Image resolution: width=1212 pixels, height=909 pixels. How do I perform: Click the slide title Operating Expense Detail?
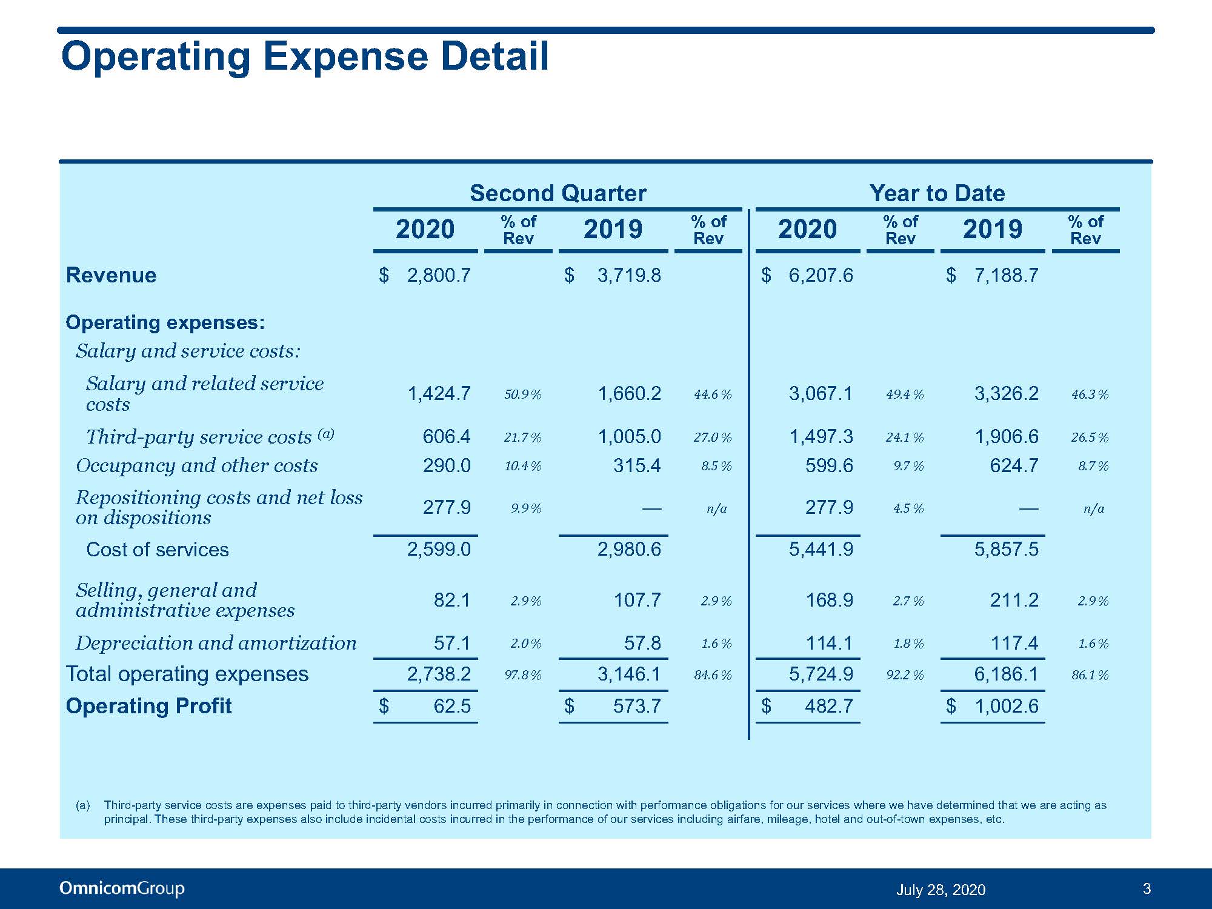tap(305, 56)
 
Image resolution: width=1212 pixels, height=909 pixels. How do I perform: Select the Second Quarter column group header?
tap(558, 193)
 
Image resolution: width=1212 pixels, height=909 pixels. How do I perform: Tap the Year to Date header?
tap(937, 193)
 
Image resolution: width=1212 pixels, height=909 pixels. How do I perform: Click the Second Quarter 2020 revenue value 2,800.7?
tap(439, 276)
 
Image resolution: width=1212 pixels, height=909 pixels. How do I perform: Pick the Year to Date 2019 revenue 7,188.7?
tap(1006, 276)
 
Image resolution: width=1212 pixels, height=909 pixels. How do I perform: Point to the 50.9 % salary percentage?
tap(523, 395)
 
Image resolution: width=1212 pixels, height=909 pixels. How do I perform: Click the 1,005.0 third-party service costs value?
tap(629, 436)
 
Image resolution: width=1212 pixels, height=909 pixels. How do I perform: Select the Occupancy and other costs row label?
tap(197, 465)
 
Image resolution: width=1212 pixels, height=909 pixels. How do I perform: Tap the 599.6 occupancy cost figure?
tap(829, 465)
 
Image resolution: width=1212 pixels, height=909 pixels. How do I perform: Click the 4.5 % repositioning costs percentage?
tap(908, 508)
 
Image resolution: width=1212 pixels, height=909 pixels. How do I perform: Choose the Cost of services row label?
tap(158, 550)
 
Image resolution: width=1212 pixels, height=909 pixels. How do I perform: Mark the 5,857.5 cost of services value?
tap(1006, 549)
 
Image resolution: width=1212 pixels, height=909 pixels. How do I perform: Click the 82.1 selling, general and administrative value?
tap(452, 600)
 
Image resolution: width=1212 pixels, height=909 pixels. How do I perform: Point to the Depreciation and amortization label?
tap(216, 643)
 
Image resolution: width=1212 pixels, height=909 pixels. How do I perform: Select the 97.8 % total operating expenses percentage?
tap(523, 675)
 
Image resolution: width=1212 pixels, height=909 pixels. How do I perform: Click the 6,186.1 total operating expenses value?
tap(1006, 674)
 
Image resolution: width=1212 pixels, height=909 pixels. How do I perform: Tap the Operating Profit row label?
tap(148, 706)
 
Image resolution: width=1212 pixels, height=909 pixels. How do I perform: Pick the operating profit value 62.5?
tap(452, 706)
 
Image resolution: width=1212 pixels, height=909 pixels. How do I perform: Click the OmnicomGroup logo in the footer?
tap(122, 889)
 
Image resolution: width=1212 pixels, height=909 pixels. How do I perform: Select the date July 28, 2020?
tap(941, 890)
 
